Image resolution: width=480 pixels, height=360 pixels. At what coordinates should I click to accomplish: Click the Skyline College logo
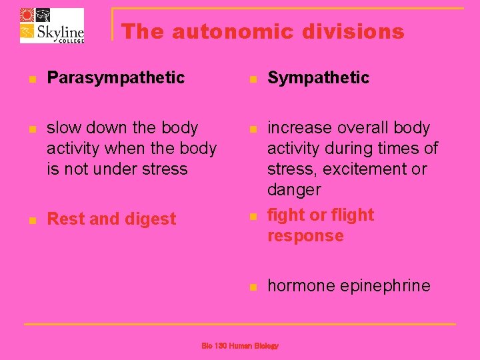[52, 25]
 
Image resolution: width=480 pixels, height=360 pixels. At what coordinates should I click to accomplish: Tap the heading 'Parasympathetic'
[115, 77]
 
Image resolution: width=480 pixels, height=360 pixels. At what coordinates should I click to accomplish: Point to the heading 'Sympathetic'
[318, 77]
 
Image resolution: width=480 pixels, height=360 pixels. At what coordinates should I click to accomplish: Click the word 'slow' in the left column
[64, 127]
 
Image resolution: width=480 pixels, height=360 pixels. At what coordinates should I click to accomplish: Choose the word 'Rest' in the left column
[63, 219]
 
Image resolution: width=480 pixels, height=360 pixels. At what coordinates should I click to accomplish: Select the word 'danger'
[294, 190]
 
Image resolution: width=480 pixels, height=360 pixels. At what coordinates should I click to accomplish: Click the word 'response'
[305, 235]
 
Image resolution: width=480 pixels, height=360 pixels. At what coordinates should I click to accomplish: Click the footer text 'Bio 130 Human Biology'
[240, 346]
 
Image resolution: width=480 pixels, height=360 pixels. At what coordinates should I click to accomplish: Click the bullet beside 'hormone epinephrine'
[252, 287]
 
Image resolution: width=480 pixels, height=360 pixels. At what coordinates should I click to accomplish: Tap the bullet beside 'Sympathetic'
[252, 79]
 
